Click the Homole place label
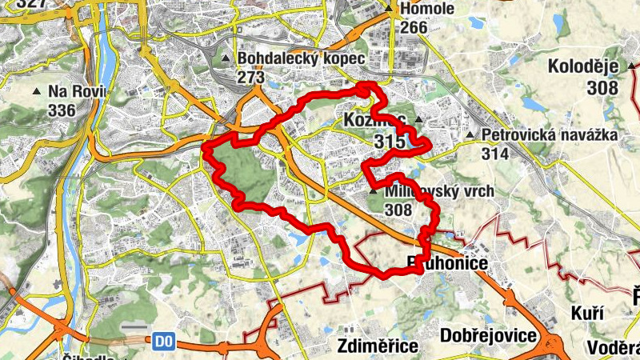(x=430, y=9)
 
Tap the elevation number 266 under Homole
(x=414, y=27)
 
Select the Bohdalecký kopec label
(x=301, y=58)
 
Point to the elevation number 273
(x=250, y=78)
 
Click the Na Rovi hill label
(x=77, y=90)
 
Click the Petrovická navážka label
(x=550, y=135)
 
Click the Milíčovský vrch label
(x=439, y=192)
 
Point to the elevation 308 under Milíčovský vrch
(x=398, y=210)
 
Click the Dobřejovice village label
(x=489, y=336)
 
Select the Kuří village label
(x=586, y=312)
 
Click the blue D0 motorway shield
(x=163, y=342)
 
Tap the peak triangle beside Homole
(x=390, y=10)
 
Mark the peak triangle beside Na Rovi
(x=36, y=91)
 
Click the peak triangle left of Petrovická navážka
(x=470, y=135)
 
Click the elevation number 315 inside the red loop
(x=389, y=142)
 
